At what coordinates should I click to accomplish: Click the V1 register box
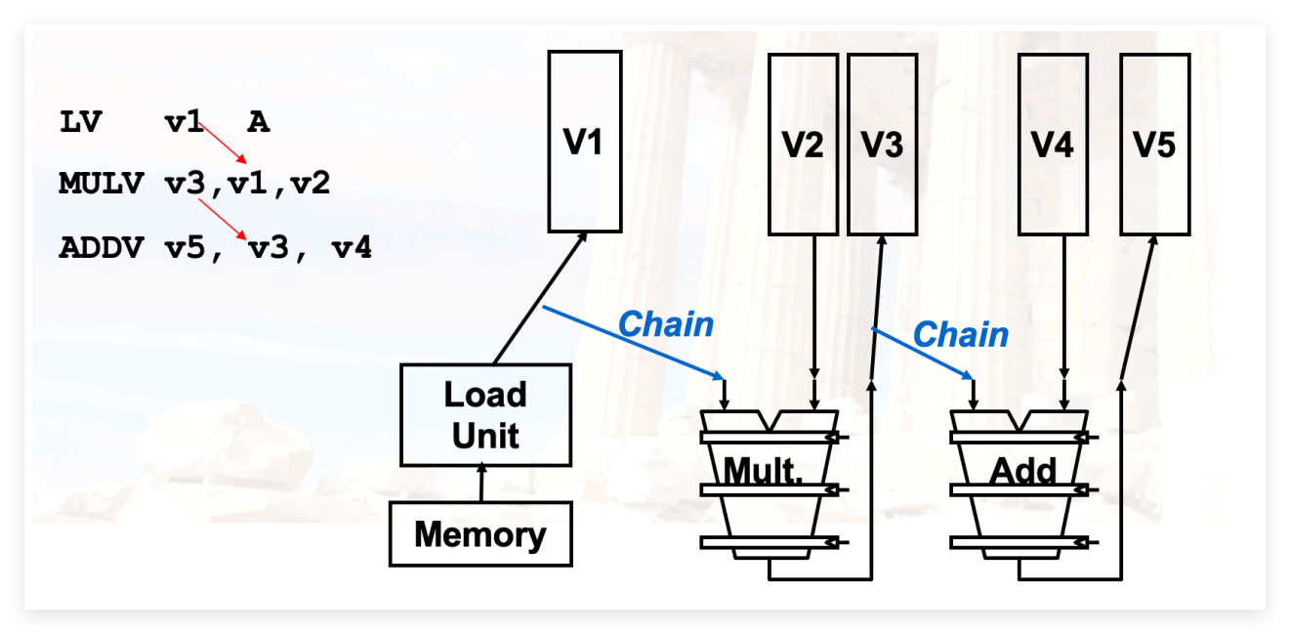(585, 142)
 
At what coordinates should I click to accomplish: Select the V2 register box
(803, 145)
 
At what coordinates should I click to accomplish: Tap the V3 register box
(882, 145)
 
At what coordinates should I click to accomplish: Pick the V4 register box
(1053, 145)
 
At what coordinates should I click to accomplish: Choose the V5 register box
(1154, 145)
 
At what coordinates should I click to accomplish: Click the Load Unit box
(485, 415)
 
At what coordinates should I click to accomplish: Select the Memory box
(480, 534)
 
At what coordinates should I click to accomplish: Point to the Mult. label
(763, 471)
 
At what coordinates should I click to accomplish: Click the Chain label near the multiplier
(666, 324)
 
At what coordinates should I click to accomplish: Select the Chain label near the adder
(961, 334)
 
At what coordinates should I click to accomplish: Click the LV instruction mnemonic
(81, 122)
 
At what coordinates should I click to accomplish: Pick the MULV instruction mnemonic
(102, 184)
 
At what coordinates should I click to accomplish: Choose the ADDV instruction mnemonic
(102, 248)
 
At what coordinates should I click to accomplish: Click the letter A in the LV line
(259, 122)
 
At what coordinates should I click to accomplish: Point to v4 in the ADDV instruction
(352, 248)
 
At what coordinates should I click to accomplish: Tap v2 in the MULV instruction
(311, 184)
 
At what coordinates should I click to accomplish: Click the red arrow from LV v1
(223, 143)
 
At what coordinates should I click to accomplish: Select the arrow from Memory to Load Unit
(481, 483)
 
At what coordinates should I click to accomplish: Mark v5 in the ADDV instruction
(185, 248)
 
